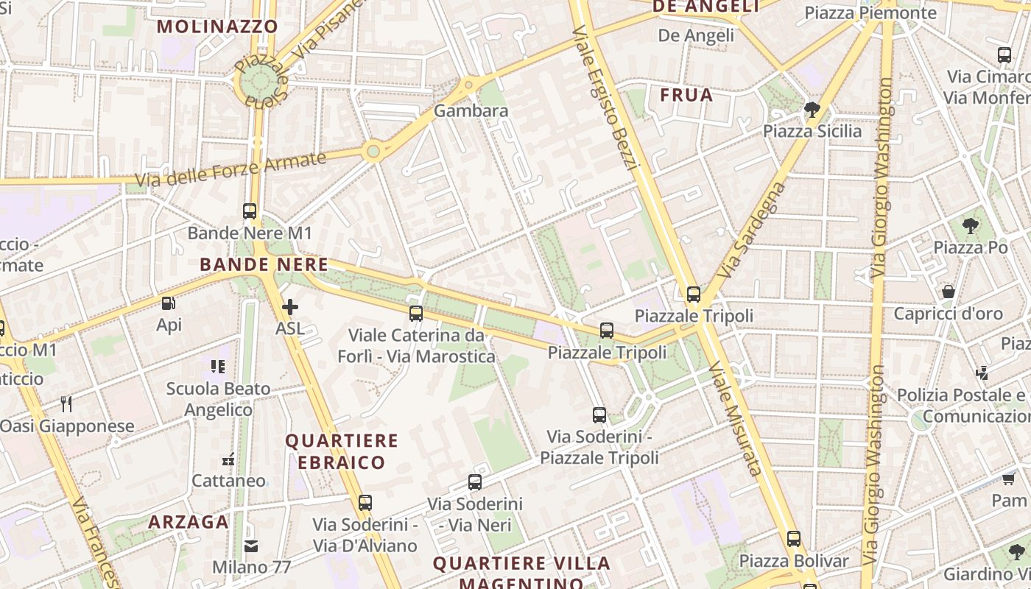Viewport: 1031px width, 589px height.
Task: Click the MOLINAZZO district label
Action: point(218,27)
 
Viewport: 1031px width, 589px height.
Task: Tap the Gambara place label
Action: point(471,111)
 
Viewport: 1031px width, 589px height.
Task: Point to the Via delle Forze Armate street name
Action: point(230,169)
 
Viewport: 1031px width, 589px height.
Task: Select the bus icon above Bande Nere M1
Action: point(250,211)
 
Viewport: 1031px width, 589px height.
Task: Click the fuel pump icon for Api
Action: point(169,303)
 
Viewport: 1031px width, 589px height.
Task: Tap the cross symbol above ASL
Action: point(290,307)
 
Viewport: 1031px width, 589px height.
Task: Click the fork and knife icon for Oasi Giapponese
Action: point(66,403)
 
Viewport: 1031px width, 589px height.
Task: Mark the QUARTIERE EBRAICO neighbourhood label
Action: point(342,451)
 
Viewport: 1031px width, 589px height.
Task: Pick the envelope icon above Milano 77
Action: point(251,546)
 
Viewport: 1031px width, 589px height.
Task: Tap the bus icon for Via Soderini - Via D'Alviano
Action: point(365,503)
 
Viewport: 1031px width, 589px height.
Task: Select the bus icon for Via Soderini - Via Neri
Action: point(475,483)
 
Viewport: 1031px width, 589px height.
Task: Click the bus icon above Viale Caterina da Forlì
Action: point(416,314)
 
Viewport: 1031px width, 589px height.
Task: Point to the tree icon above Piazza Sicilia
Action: point(812,110)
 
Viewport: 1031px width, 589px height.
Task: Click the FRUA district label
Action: point(686,95)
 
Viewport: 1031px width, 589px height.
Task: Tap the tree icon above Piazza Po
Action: point(971,226)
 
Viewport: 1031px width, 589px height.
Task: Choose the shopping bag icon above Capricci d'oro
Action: point(949,292)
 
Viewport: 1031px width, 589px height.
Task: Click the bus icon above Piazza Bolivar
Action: point(793,539)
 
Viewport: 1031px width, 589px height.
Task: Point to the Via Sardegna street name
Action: point(751,230)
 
